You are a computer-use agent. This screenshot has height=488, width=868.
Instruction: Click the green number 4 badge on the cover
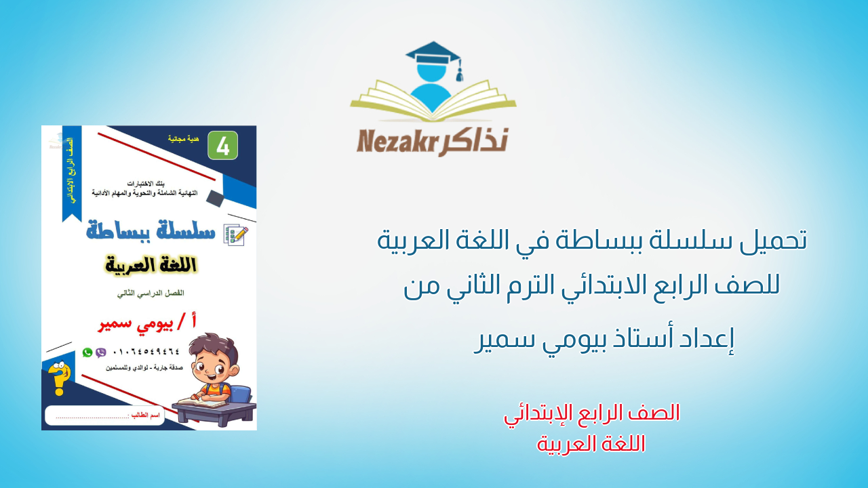[x=222, y=145]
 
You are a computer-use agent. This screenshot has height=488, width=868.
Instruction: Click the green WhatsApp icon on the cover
[x=87, y=352]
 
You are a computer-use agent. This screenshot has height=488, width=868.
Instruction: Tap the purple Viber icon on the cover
[x=101, y=352]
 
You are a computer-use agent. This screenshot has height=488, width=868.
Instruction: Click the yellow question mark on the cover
[x=59, y=380]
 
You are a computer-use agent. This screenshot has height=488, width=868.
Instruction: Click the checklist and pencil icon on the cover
[x=235, y=235]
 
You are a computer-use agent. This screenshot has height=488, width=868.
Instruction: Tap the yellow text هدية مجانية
[x=184, y=138]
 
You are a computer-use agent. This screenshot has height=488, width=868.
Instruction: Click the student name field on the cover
[x=105, y=415]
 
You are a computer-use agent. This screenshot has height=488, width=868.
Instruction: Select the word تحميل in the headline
[x=772, y=241]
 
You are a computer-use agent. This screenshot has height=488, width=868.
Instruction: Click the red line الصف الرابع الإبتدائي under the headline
[x=592, y=413]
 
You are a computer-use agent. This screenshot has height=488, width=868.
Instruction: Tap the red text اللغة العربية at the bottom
[x=591, y=444]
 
